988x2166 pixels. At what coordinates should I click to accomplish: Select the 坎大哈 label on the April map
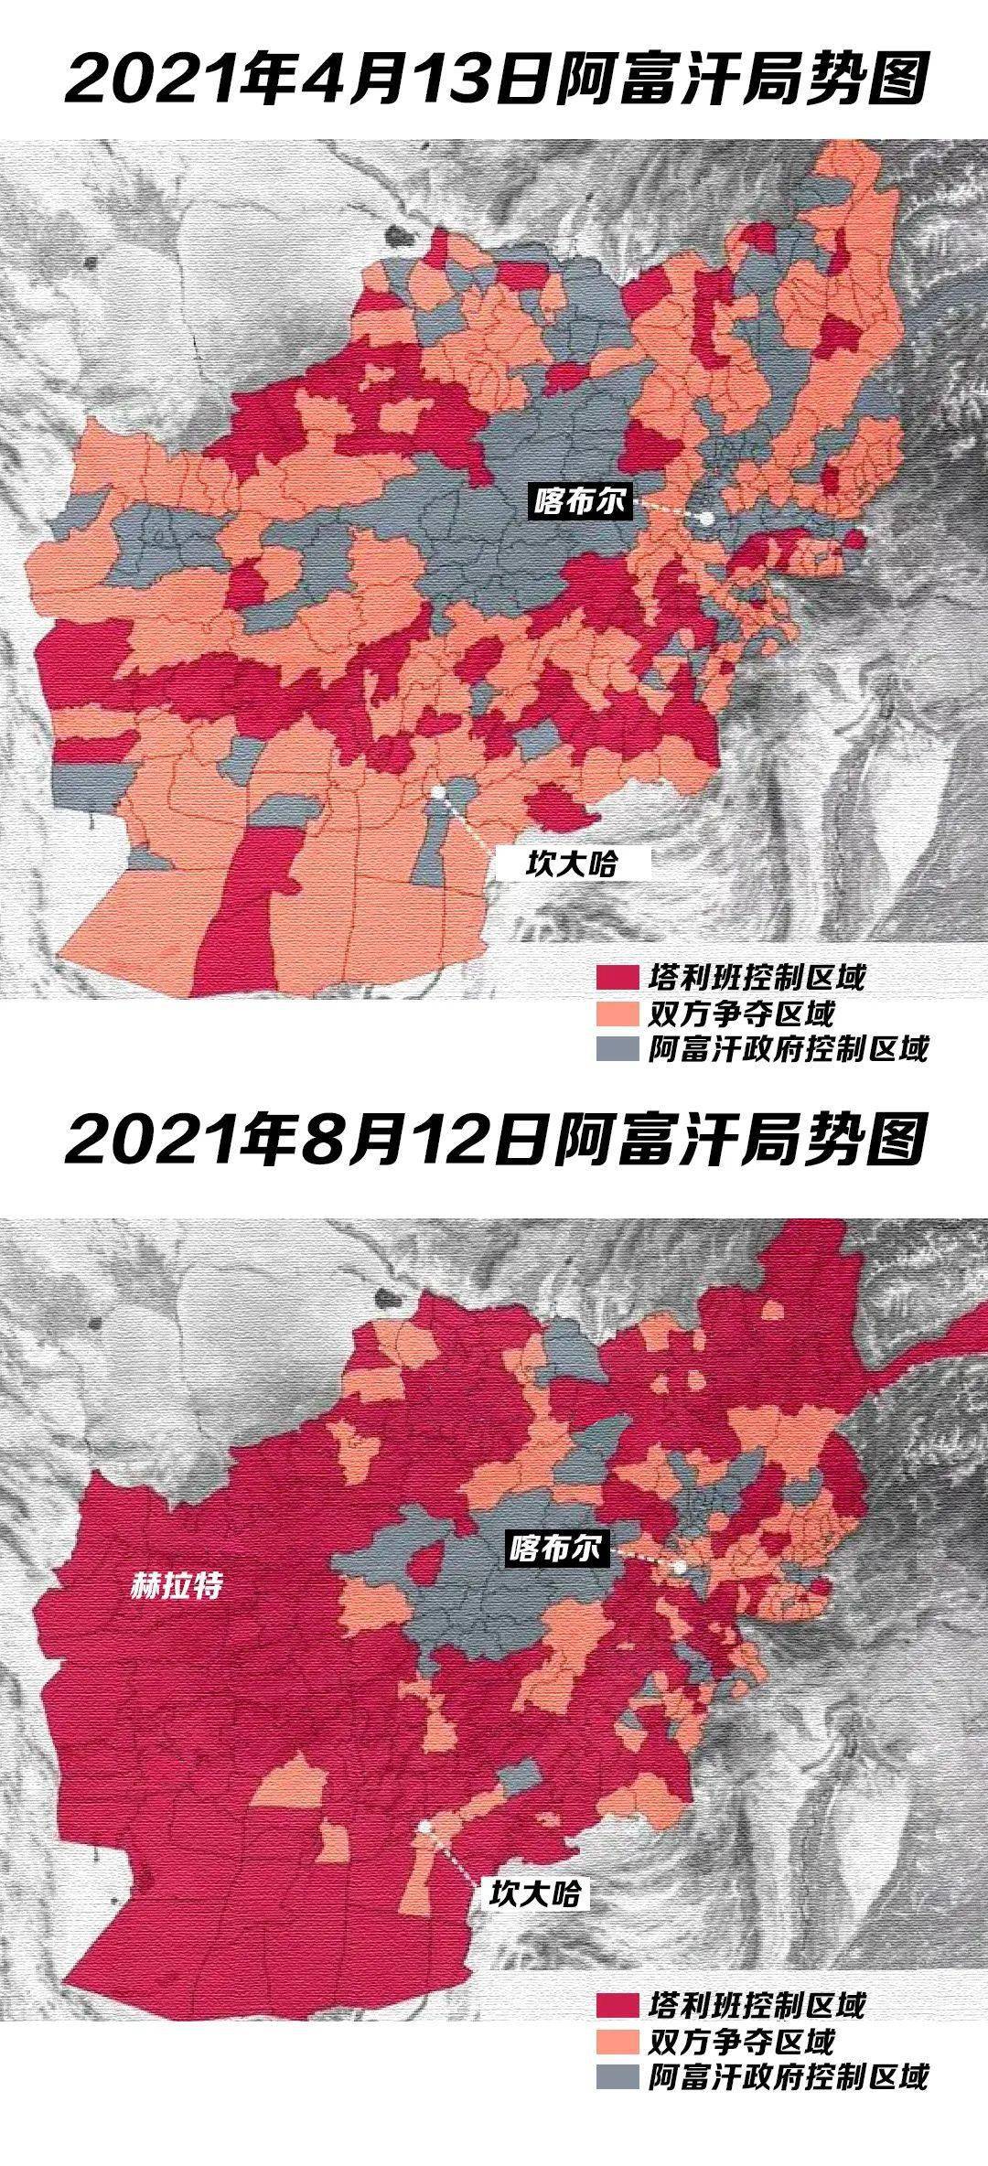574,863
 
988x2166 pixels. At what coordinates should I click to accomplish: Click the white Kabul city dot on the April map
707,518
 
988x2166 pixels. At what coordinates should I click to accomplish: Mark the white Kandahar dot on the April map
439,791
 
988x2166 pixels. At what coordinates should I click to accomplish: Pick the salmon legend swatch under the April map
617,1013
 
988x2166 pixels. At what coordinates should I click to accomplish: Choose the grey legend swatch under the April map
617,1047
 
